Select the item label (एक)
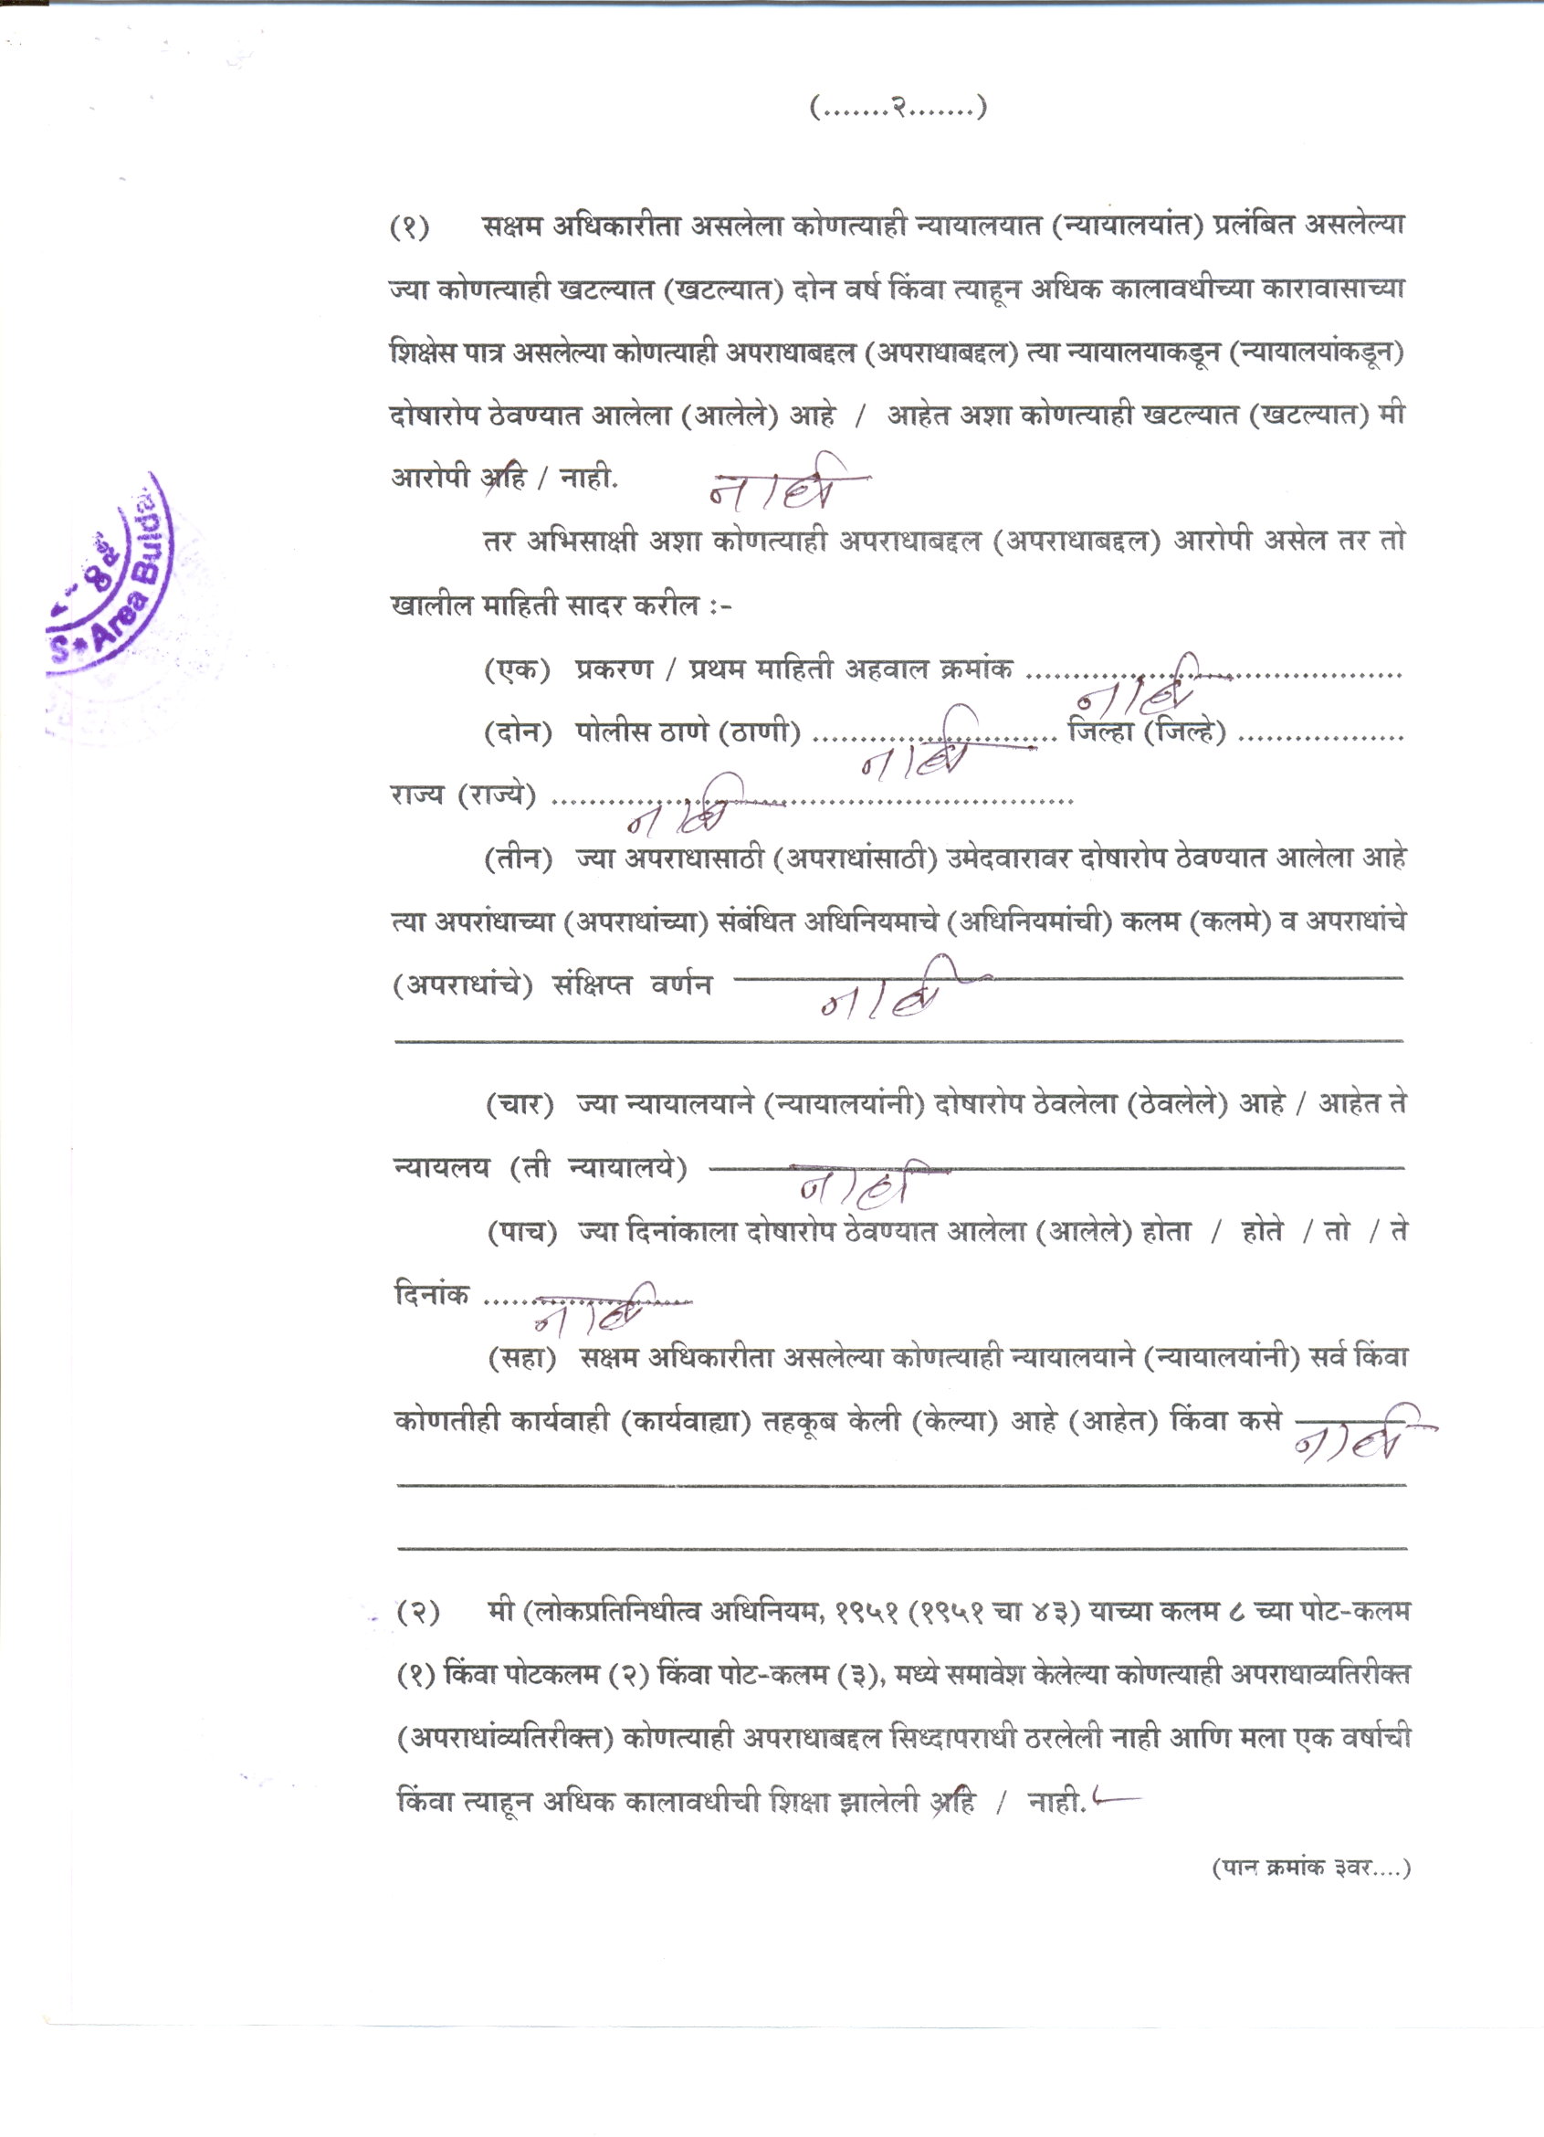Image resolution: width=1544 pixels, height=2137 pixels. (x=517, y=670)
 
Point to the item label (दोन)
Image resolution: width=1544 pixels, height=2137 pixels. (x=517, y=733)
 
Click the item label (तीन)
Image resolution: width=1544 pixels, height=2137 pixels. (x=517, y=859)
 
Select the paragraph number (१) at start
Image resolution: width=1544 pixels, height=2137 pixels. (x=411, y=227)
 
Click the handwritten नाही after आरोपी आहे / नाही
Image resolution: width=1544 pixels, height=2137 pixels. (x=786, y=488)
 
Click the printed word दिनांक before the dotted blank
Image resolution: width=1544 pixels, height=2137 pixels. (x=432, y=1295)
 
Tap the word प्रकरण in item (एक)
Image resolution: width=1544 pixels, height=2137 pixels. (x=614, y=670)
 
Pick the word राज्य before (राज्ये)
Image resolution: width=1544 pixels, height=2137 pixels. (x=415, y=796)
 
